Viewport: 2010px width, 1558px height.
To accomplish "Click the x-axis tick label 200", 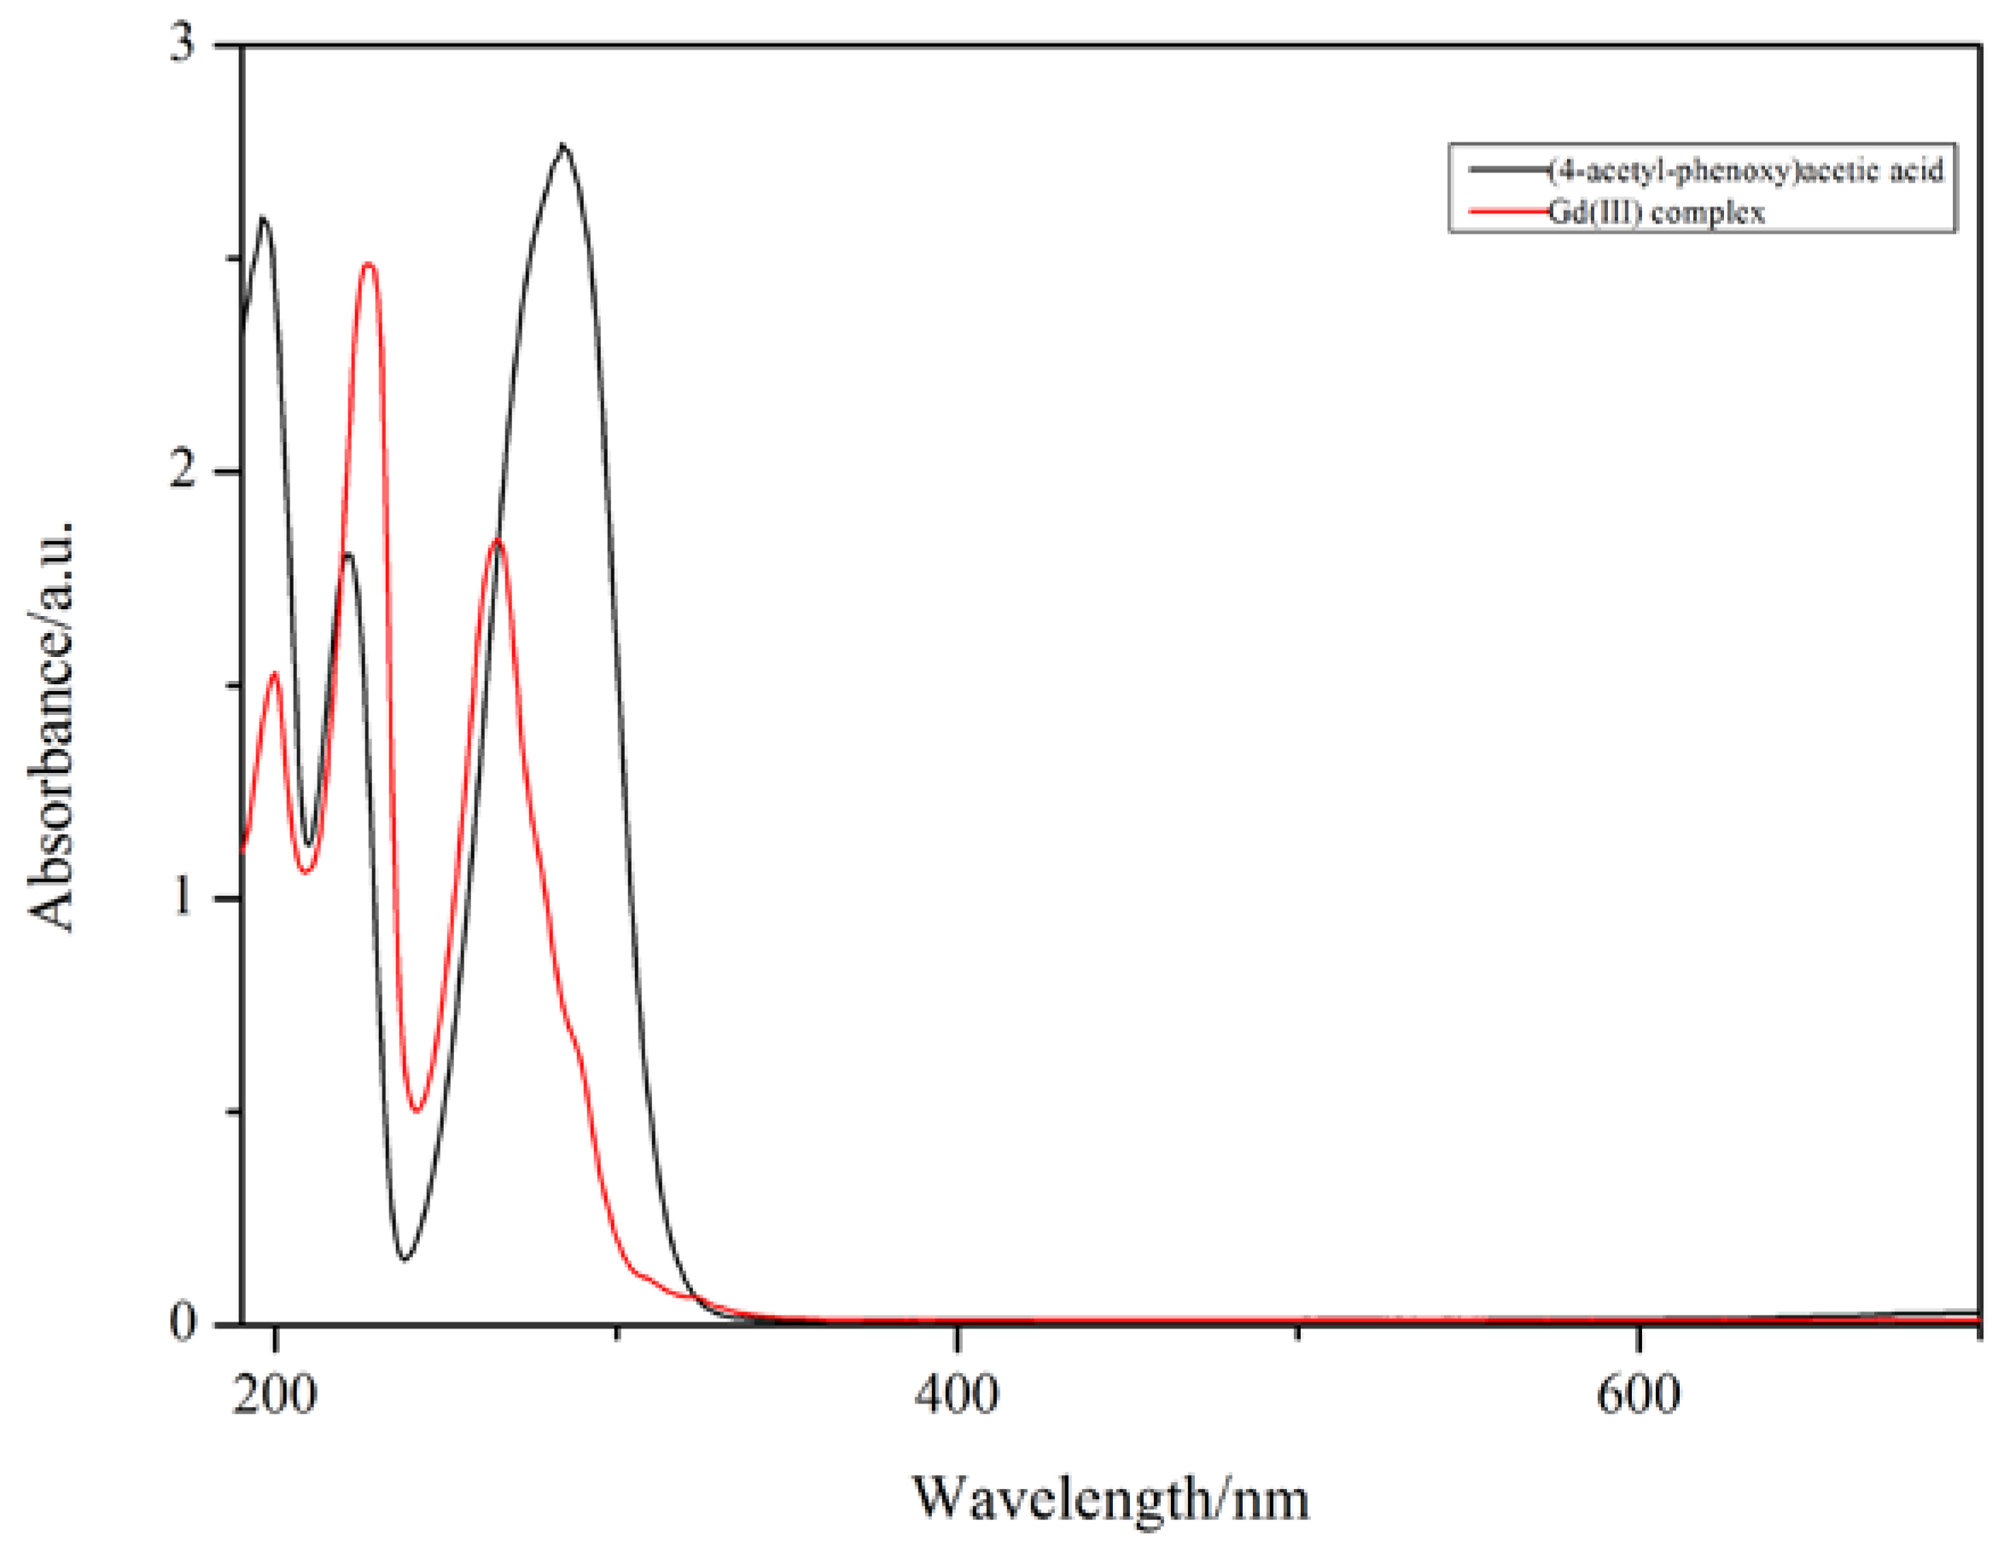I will click(274, 1395).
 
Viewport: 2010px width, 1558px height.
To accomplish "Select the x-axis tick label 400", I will click(956, 1395).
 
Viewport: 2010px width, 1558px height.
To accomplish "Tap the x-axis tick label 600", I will click(1638, 1395).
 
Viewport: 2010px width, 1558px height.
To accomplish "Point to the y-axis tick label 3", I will click(184, 44).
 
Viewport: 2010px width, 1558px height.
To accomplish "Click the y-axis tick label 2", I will click(184, 471).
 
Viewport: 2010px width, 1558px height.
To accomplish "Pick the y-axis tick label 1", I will click(184, 898).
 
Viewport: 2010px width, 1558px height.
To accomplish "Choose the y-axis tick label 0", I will click(184, 1323).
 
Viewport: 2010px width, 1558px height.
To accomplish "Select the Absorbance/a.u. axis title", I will click(50, 725).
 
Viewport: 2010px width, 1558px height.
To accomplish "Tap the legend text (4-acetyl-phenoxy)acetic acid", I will click(1746, 171).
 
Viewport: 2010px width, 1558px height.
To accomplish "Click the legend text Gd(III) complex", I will click(1657, 213).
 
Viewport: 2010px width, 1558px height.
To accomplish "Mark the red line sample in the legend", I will click(1507, 212).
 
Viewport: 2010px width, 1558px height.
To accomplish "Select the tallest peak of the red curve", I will click(369, 265).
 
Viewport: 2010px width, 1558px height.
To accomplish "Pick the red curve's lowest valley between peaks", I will click(417, 1111).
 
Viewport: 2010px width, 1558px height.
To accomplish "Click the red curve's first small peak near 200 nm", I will click(274, 674).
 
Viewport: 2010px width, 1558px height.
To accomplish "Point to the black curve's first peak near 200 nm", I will click(264, 218).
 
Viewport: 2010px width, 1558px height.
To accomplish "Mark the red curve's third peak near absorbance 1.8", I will click(498, 539).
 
